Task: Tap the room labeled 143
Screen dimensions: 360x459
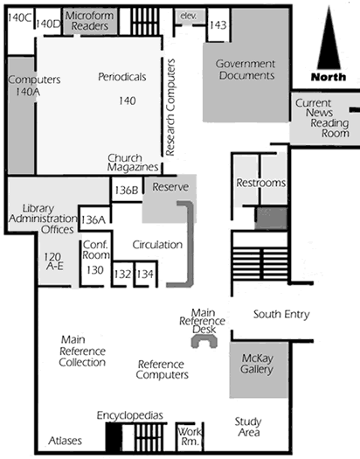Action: [218, 24]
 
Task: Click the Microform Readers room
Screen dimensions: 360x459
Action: [90, 21]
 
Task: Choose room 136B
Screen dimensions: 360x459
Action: [127, 190]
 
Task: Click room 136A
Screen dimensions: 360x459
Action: [94, 219]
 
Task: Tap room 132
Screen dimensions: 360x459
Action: [122, 274]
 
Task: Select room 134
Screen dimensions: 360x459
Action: [145, 274]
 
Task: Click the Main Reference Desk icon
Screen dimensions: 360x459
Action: [204, 339]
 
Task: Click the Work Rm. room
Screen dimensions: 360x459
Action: [190, 436]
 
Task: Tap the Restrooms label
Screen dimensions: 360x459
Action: [261, 183]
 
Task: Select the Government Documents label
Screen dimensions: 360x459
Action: [246, 70]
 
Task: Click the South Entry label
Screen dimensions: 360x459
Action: [281, 315]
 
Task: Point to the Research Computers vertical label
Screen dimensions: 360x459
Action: [170, 108]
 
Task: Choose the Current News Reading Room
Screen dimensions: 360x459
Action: [325, 118]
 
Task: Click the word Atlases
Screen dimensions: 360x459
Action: [65, 441]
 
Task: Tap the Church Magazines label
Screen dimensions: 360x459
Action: [133, 163]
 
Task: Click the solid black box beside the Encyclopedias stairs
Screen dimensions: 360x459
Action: [114, 438]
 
